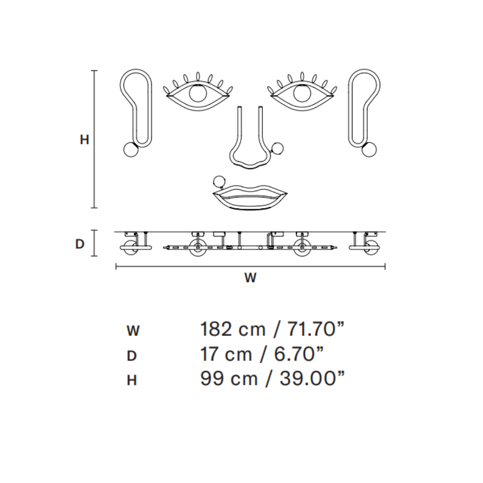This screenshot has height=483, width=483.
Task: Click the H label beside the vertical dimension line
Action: (85, 140)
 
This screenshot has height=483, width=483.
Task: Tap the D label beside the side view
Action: (80, 244)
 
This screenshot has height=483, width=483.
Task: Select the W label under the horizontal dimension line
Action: (250, 278)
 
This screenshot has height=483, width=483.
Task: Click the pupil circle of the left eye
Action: (198, 93)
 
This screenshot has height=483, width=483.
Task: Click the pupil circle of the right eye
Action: (302, 93)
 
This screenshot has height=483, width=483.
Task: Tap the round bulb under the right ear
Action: (369, 149)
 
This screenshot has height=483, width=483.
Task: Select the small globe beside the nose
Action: (277, 148)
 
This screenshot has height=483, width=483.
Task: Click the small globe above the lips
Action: (219, 181)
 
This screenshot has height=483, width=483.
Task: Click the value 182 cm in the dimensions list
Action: (229, 330)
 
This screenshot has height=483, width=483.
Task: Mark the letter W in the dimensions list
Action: (133, 331)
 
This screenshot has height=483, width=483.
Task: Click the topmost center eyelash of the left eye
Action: (198, 76)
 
